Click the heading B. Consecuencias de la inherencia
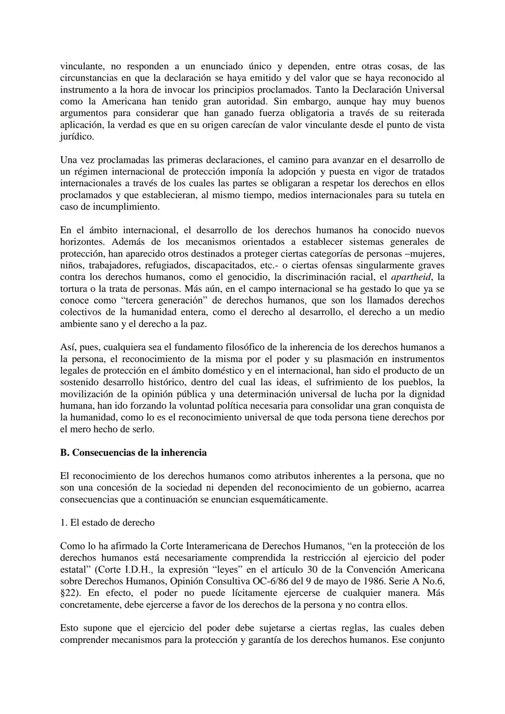click(133, 453)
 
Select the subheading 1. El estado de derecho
click(107, 523)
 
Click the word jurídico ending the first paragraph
click(77, 137)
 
